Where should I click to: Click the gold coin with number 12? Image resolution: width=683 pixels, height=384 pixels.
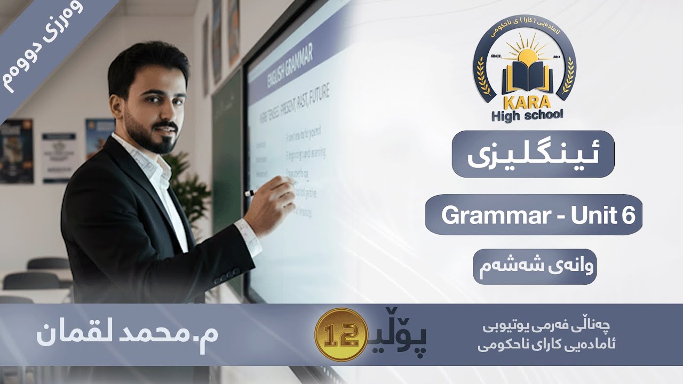pyautogui.click(x=340, y=334)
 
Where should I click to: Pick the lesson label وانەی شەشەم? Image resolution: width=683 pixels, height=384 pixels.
pyautogui.click(x=534, y=266)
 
